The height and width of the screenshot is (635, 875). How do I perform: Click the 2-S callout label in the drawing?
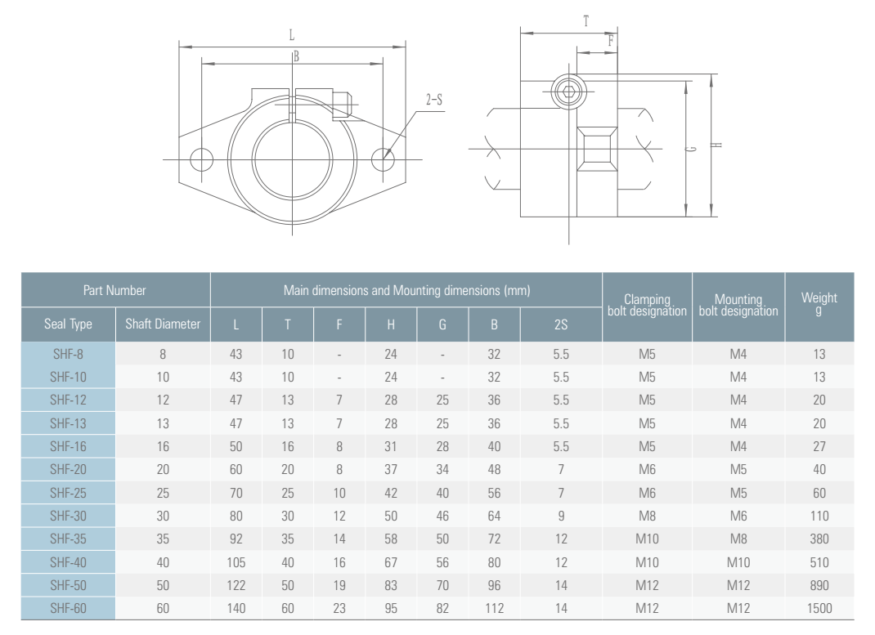433,100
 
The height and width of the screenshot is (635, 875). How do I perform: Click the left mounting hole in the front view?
201,159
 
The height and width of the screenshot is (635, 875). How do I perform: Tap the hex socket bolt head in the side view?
568,92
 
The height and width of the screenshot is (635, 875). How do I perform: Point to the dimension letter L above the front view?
291,36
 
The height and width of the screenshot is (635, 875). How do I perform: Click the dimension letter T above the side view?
586,22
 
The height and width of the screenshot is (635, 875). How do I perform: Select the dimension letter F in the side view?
611,41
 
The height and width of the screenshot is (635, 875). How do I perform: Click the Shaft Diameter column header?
163,324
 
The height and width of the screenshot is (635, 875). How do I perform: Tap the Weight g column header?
819,304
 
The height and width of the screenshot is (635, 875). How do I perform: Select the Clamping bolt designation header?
648,305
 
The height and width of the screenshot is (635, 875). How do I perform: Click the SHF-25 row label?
68,493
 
